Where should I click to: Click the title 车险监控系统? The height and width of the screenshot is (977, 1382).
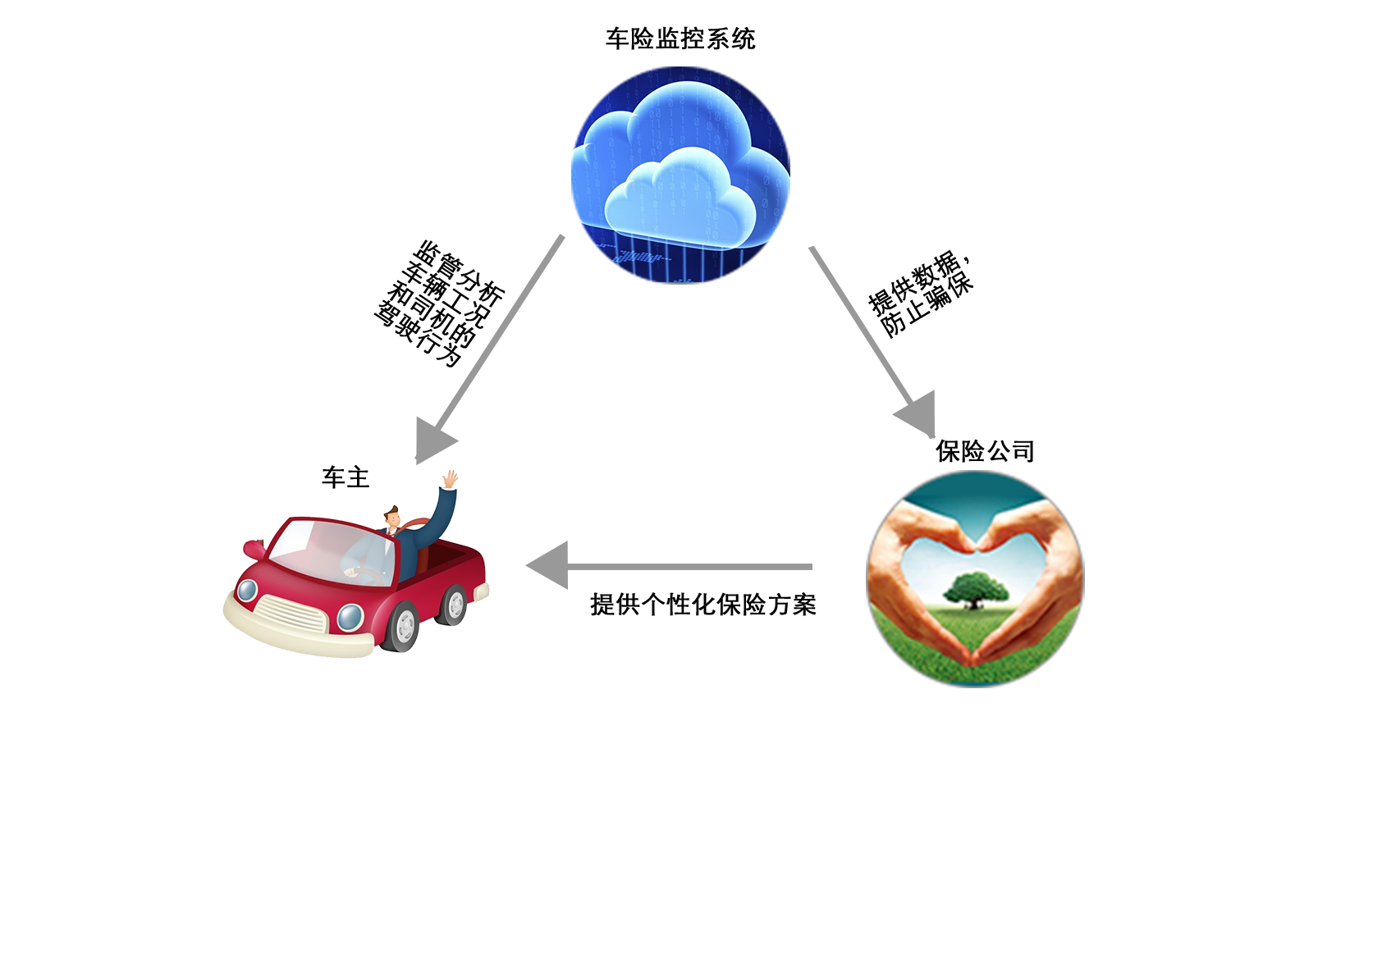pyautogui.click(x=680, y=39)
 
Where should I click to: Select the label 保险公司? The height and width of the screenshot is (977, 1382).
pyautogui.click(x=985, y=451)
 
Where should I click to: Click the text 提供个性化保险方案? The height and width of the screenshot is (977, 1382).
pyautogui.click(x=703, y=605)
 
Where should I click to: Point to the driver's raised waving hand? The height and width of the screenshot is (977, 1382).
pyautogui.click(x=451, y=479)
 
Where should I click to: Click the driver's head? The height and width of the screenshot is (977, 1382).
pyautogui.click(x=392, y=518)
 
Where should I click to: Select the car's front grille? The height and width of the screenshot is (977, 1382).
pyautogui.click(x=290, y=613)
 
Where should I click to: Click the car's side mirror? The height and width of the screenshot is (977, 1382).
pyautogui.click(x=254, y=548)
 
